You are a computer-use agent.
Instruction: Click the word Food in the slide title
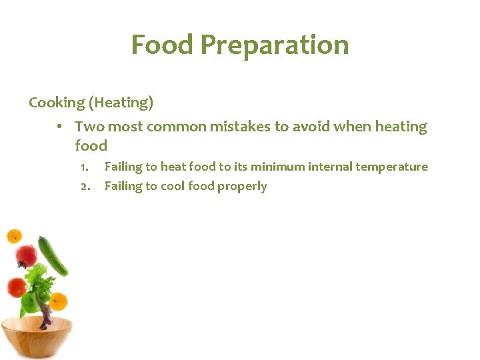coord(162,45)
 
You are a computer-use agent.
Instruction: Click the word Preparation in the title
coord(274,45)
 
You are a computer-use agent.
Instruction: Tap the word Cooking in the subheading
coord(57,103)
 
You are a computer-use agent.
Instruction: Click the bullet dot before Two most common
coord(60,127)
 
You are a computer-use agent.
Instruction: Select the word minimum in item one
coord(278,167)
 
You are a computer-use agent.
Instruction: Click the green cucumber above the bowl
coord(53,256)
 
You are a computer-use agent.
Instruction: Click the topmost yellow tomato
coord(14,236)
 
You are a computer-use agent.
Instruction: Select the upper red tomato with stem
coord(26,255)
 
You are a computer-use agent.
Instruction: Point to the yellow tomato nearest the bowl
coord(59,301)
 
